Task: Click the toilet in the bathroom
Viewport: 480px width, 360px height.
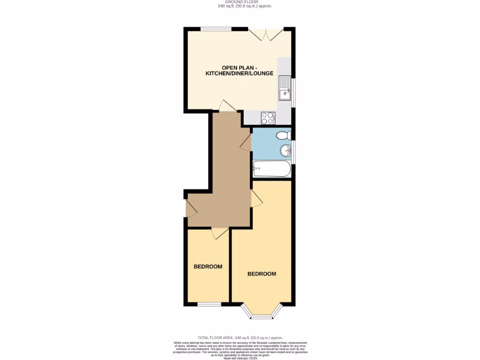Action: [284, 135]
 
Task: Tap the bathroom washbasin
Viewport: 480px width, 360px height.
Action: [285, 150]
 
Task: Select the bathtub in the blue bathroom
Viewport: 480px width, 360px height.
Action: [271, 169]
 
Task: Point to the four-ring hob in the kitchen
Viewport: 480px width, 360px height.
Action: [267, 118]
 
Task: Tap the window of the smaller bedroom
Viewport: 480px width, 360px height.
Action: [209, 304]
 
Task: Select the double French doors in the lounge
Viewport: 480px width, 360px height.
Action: [266, 34]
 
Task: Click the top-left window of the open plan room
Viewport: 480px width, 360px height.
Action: [216, 29]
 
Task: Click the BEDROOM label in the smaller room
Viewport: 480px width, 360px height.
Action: [208, 267]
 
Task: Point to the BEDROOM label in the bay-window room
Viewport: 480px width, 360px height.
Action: [262, 274]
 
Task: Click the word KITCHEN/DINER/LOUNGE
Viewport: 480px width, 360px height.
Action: [239, 74]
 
